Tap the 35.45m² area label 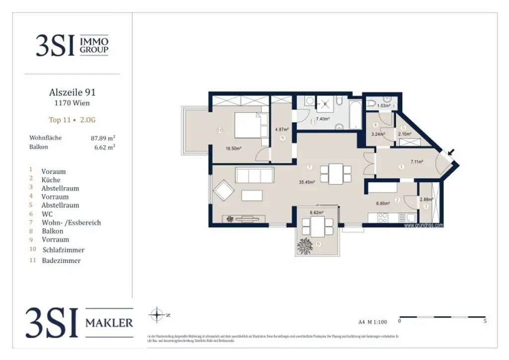pos(306,182)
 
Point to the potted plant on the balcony pos(304,245)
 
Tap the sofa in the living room pos(254,175)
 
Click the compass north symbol pos(157,315)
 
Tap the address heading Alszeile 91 pos(72,92)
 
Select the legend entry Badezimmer pos(61,261)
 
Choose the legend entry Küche pos(51,180)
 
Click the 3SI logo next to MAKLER pos(52,322)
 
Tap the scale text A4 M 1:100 pos(372,322)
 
